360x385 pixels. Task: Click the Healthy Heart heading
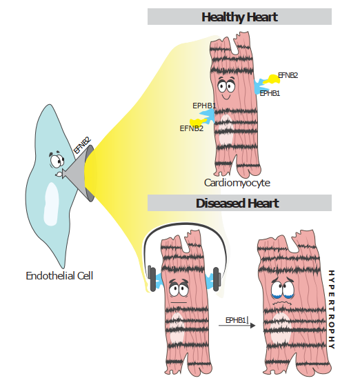239,17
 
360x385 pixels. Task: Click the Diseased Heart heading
237,204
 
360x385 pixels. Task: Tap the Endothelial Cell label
59,276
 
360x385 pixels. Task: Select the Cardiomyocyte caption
237,183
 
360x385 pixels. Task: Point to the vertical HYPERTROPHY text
331,309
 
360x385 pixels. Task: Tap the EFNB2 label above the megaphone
82,146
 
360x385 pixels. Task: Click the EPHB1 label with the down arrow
237,320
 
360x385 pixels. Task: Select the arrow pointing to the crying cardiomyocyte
237,326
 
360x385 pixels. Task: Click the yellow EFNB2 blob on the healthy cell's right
272,79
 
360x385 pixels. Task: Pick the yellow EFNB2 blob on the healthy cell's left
197,122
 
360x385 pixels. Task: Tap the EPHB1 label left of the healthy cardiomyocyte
204,106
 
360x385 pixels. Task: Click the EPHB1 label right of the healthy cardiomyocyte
270,93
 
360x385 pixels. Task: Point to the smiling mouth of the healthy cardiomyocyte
226,97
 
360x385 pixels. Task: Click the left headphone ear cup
152,279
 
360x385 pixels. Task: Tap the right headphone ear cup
217,279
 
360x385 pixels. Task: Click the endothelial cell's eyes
57,161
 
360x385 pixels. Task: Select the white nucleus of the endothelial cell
51,204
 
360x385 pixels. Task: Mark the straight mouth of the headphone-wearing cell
179,302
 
